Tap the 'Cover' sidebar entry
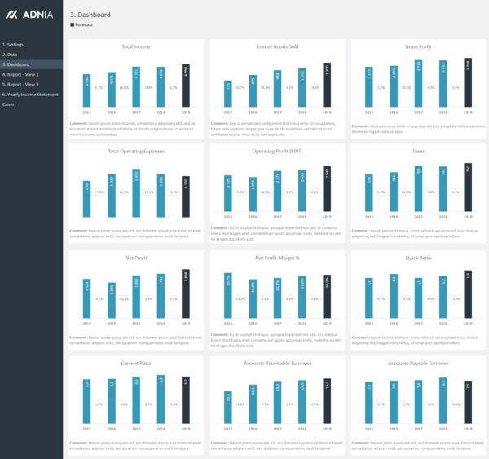tap(8, 104)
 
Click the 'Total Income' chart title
tap(134, 46)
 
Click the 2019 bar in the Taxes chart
tap(468, 192)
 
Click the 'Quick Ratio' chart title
tap(416, 257)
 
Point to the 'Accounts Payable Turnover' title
tap(416, 363)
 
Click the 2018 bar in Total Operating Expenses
tap(161, 196)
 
